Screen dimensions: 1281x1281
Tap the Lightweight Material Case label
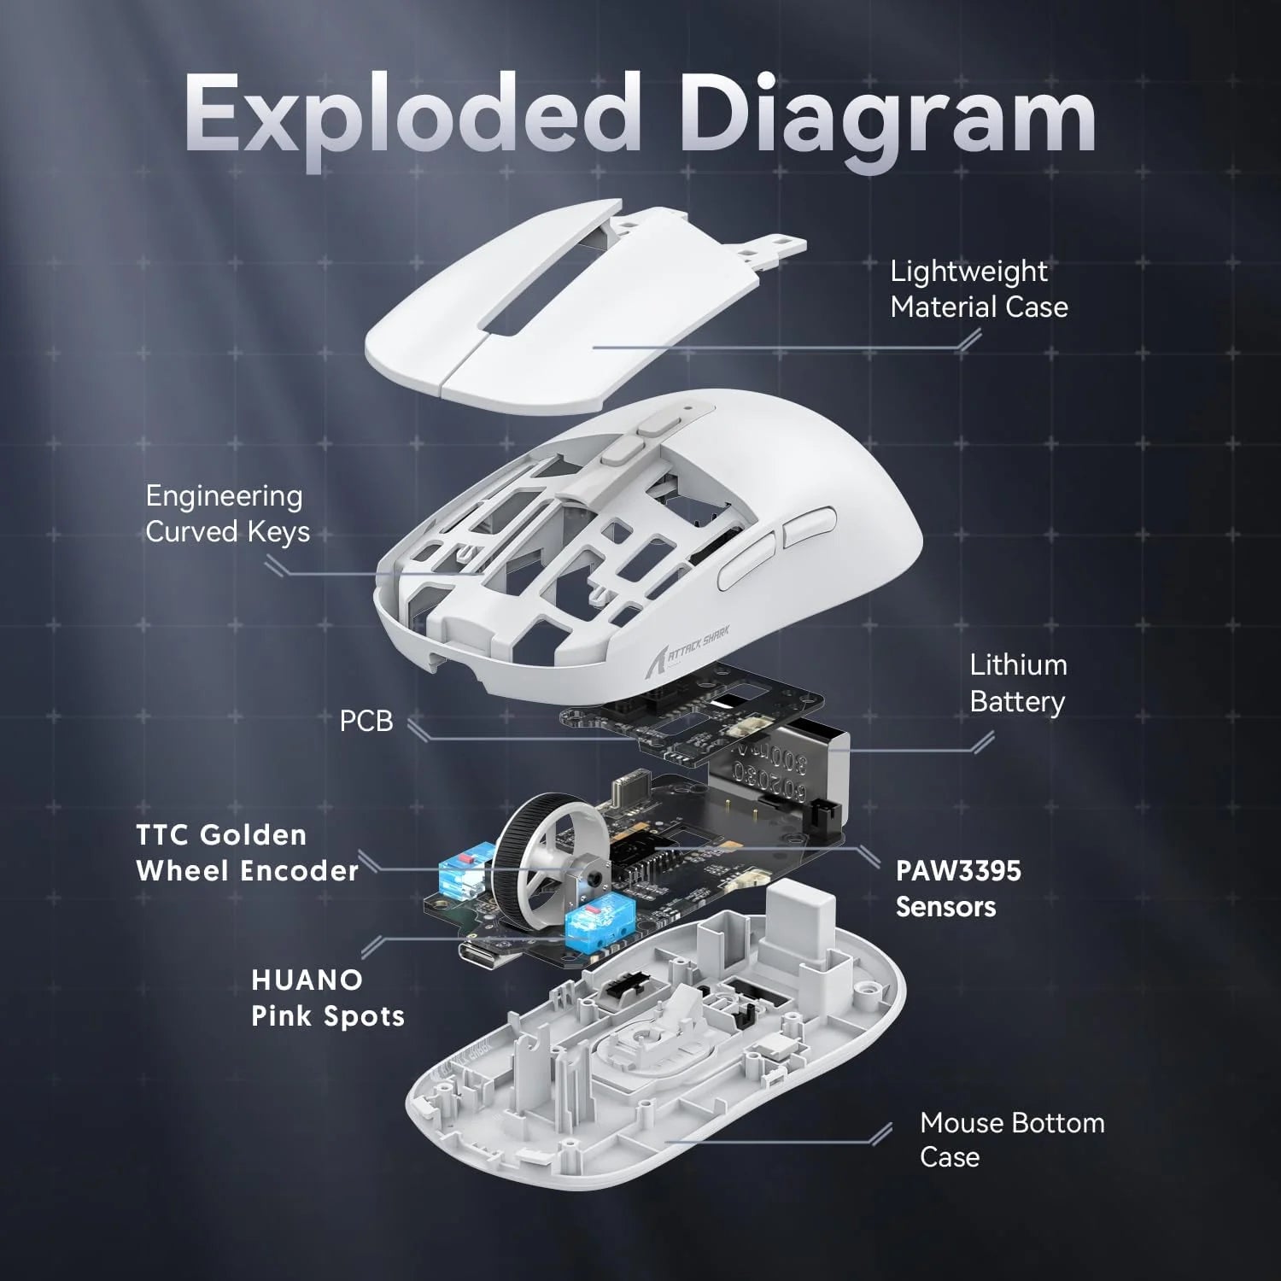[979, 289]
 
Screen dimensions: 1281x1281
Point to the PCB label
[366, 721]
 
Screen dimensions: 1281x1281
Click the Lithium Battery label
[1018, 683]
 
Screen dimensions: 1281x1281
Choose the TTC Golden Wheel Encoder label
[247, 852]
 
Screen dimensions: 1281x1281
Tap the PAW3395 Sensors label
[957, 888]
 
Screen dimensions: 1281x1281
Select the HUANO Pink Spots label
[327, 997]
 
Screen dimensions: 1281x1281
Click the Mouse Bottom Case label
[1011, 1139]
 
